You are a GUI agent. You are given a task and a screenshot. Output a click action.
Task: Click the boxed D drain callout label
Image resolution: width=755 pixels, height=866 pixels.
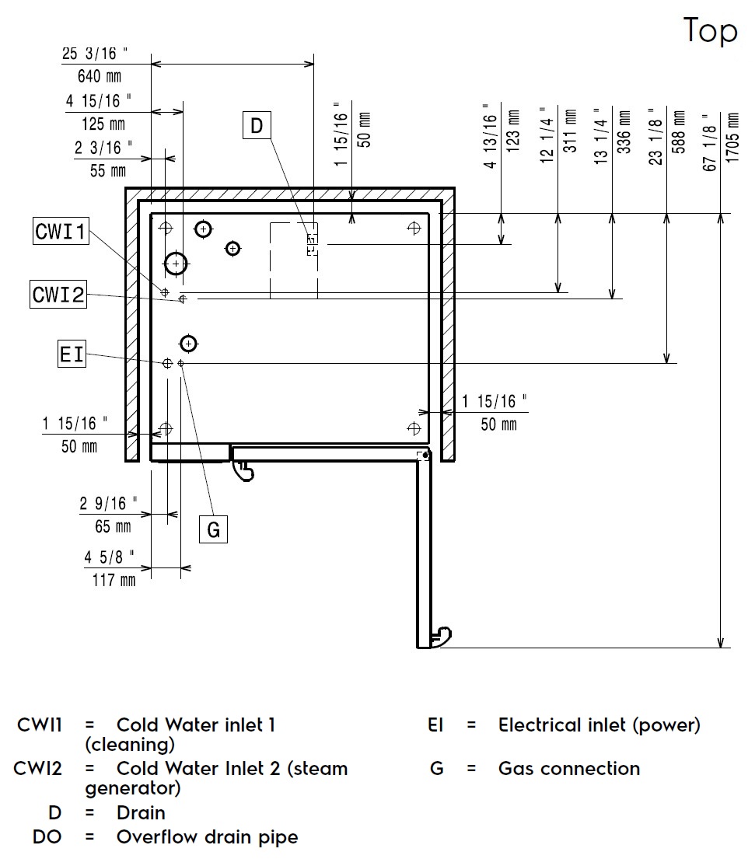point(257,124)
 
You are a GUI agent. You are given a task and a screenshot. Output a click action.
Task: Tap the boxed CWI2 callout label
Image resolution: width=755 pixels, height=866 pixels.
point(58,295)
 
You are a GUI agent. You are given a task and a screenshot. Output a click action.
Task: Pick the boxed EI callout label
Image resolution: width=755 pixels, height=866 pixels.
point(72,354)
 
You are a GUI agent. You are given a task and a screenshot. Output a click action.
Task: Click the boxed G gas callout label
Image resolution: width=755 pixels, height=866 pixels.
point(213,530)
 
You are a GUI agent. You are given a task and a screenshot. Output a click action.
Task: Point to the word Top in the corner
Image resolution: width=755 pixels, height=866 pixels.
point(710,31)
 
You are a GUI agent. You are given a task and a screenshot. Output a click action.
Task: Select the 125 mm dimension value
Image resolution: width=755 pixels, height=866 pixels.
point(103,124)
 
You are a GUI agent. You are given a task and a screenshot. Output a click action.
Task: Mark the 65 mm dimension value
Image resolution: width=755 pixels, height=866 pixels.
point(113,526)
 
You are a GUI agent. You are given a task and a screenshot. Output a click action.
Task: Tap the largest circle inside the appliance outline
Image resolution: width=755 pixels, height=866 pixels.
point(177,264)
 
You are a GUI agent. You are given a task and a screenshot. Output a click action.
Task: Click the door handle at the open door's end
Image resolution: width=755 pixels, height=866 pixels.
point(442,636)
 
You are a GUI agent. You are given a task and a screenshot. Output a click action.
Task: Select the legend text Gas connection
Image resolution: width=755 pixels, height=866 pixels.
point(569,769)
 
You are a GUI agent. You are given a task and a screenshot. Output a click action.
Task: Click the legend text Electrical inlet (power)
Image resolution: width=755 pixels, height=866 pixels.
point(599,725)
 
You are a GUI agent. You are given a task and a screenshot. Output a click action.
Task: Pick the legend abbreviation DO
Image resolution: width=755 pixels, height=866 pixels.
point(47,837)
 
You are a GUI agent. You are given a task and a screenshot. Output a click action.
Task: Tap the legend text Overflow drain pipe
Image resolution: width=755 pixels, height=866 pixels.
point(207,837)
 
